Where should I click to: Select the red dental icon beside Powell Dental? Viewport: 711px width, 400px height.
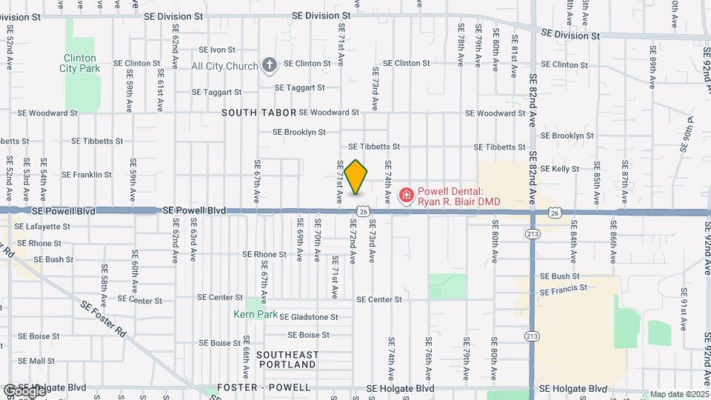pyautogui.click(x=406, y=196)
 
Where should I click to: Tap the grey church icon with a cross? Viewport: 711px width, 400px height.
pyautogui.click(x=269, y=66)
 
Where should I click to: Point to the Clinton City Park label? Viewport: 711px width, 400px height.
pyautogui.click(x=81, y=63)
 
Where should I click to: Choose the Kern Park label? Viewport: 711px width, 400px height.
pyautogui.click(x=257, y=315)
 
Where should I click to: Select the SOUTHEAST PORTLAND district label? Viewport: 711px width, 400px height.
pyautogui.click(x=287, y=360)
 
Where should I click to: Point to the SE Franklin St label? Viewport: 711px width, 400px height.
pyautogui.click(x=87, y=176)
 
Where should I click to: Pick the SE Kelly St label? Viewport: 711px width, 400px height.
pyautogui.click(x=559, y=169)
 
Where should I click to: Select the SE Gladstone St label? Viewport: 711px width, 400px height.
pyautogui.click(x=308, y=317)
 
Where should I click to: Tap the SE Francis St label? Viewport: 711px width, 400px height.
pyautogui.click(x=564, y=289)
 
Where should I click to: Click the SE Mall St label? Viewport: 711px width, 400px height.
pyautogui.click(x=36, y=361)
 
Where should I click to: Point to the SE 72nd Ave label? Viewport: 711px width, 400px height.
pyautogui.click(x=353, y=245)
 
